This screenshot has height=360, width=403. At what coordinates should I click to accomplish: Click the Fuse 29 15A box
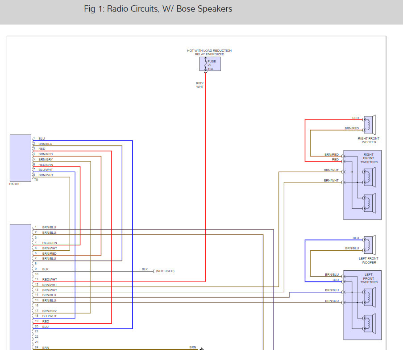[210, 64]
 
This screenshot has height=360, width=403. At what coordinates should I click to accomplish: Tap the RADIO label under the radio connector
[14, 184]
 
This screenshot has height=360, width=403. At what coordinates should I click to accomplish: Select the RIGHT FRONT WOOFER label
[369, 140]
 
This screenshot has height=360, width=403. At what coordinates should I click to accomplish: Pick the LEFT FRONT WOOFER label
[369, 261]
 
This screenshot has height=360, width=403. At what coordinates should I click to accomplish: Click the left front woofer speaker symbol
[370, 244]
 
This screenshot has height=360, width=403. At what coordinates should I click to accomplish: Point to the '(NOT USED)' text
[165, 271]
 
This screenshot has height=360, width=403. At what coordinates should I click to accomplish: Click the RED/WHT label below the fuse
[199, 85]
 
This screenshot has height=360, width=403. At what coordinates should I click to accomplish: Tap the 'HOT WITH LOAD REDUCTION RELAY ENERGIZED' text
[209, 52]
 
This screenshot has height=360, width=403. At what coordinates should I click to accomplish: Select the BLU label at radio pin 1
[42, 139]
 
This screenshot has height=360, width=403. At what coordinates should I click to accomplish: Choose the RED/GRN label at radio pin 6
[46, 165]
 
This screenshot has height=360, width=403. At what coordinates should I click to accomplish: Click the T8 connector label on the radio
[36, 180]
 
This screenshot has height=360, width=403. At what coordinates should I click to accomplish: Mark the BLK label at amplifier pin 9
[46, 269]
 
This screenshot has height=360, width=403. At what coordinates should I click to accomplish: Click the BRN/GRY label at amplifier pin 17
[50, 311]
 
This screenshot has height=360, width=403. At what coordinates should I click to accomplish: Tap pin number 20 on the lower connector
[36, 327]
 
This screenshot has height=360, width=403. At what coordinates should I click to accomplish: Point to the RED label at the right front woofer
[355, 118]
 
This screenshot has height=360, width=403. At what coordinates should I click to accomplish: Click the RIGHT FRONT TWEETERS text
[369, 158]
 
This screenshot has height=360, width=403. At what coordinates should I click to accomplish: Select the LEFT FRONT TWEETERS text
[369, 278]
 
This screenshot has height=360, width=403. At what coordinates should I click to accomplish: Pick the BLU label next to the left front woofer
[355, 238]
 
